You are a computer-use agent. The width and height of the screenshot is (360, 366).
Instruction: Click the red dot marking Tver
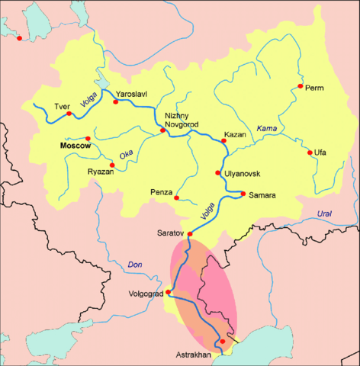click(69, 114)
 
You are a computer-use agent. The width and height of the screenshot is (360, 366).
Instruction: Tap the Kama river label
click(267, 127)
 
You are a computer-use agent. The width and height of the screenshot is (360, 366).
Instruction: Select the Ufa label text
click(321, 153)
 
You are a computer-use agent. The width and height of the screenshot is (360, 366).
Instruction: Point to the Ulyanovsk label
click(243, 174)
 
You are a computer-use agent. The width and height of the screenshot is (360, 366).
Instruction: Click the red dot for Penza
click(177, 198)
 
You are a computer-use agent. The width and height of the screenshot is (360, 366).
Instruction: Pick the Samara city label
click(259, 195)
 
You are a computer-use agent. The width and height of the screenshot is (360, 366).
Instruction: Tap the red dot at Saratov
click(189, 223)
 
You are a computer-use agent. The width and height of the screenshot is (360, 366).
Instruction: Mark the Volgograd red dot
click(169, 293)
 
